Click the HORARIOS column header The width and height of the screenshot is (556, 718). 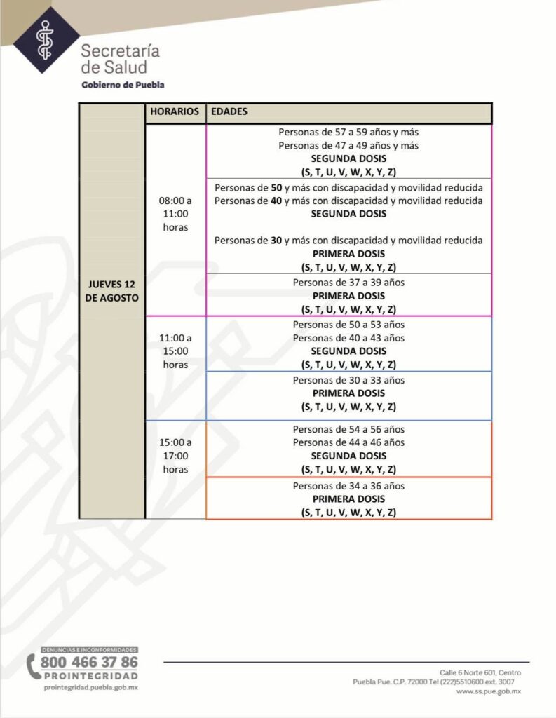pyautogui.click(x=175, y=112)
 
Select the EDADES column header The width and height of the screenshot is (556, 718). pyautogui.click(x=229, y=112)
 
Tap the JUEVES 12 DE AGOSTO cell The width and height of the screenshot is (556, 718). pyautogui.click(x=112, y=290)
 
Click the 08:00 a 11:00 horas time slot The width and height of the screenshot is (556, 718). pyautogui.click(x=175, y=213)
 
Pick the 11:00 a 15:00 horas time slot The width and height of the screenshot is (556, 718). pyautogui.click(x=175, y=351)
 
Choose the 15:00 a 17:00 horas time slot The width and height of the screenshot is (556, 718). pyautogui.click(x=175, y=456)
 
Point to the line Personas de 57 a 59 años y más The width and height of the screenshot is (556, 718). pyautogui.click(x=348, y=132)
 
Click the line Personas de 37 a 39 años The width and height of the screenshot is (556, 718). pyautogui.click(x=348, y=283)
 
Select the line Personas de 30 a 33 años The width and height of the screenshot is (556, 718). pyautogui.click(x=348, y=380)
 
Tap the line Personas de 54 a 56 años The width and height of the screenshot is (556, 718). pyautogui.click(x=348, y=429)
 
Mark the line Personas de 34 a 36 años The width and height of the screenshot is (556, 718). pyautogui.click(x=348, y=486)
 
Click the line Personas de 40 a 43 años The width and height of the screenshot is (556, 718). pyautogui.click(x=348, y=338)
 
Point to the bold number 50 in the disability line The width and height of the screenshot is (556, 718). pyautogui.click(x=276, y=188)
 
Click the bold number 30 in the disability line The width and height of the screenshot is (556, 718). pyautogui.click(x=276, y=241)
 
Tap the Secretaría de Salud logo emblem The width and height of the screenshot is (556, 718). pyautogui.click(x=46, y=39)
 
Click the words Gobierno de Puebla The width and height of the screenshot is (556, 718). pyautogui.click(x=123, y=85)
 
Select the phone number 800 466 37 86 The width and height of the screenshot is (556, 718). pyautogui.click(x=89, y=662)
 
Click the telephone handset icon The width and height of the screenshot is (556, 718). pyautogui.click(x=32, y=667)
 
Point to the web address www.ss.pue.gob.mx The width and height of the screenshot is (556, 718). pyautogui.click(x=489, y=691)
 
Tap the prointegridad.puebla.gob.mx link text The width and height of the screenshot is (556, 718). pyautogui.click(x=90, y=689)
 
